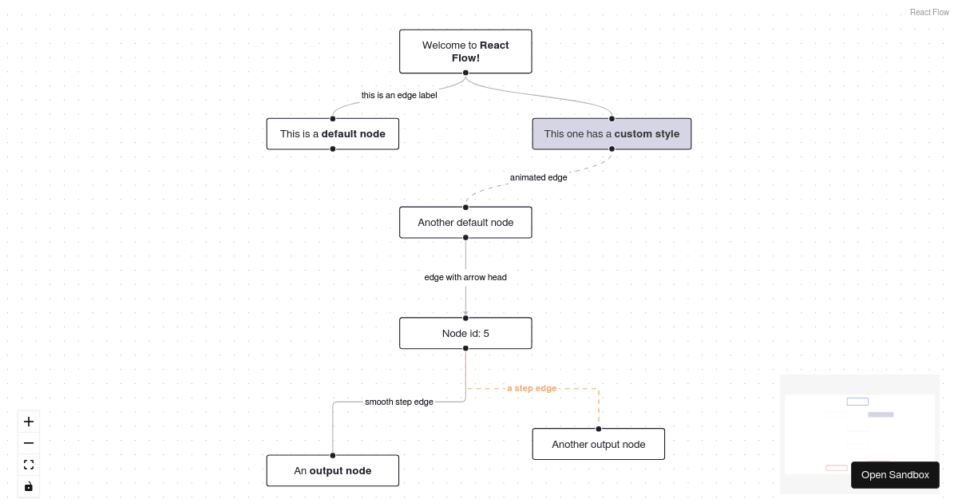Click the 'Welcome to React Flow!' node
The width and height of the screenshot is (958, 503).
click(x=465, y=51)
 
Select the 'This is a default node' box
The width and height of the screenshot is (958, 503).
click(x=332, y=133)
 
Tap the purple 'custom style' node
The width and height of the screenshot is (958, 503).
click(x=612, y=133)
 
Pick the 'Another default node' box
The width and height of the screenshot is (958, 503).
click(x=465, y=222)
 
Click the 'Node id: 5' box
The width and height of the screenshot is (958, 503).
click(x=465, y=333)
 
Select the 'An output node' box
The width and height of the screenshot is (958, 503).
click(x=332, y=470)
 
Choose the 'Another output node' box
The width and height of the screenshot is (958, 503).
click(x=598, y=444)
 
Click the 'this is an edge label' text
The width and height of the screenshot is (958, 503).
click(x=399, y=95)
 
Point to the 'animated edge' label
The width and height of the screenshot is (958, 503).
click(x=538, y=177)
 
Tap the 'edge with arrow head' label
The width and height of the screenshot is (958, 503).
click(x=465, y=277)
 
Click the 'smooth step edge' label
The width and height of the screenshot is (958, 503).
click(x=399, y=402)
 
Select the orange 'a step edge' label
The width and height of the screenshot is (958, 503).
click(x=532, y=388)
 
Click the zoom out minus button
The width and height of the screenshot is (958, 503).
click(x=29, y=443)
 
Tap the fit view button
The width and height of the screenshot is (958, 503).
click(x=29, y=465)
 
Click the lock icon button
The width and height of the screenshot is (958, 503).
click(x=29, y=486)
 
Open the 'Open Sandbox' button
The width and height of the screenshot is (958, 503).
click(x=895, y=475)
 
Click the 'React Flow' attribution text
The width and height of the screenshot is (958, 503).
click(x=929, y=12)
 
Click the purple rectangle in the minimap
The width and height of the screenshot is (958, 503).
click(x=881, y=414)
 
